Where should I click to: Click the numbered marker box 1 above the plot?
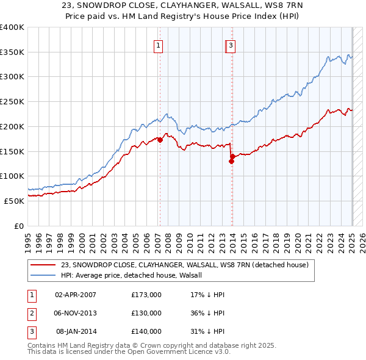click(x=158, y=45)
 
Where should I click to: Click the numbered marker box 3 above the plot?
click(x=232, y=45)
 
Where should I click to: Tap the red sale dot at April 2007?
click(x=160, y=140)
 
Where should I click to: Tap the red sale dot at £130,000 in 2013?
click(x=232, y=161)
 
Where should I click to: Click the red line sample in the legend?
click(x=44, y=265)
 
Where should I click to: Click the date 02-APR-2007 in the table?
click(x=76, y=295)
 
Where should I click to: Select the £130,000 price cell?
click(x=146, y=313)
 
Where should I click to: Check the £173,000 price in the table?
click(x=146, y=295)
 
